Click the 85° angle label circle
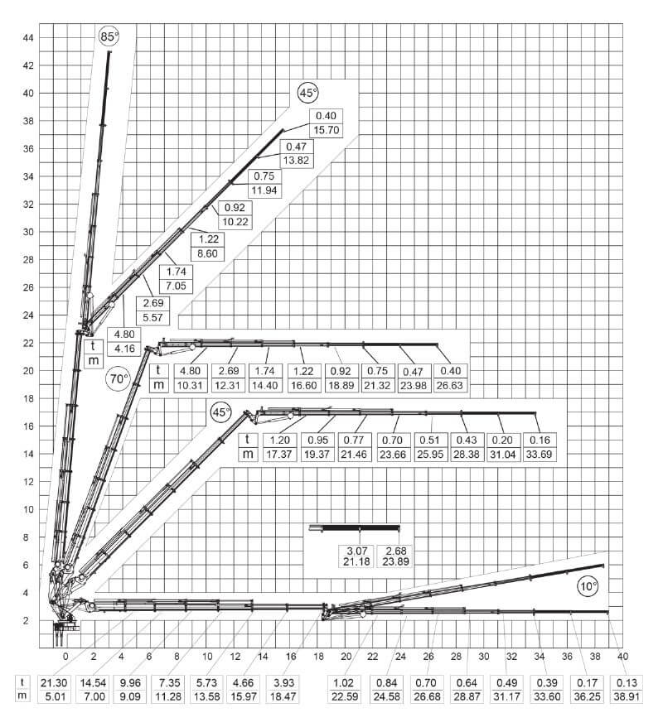click(109, 36)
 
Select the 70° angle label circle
click(119, 379)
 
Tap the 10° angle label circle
click(588, 586)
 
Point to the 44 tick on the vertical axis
click(28, 37)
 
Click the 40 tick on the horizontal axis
click(622, 657)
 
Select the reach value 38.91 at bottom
click(627, 696)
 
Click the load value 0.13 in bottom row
click(627, 681)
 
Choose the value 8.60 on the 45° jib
click(206, 253)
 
